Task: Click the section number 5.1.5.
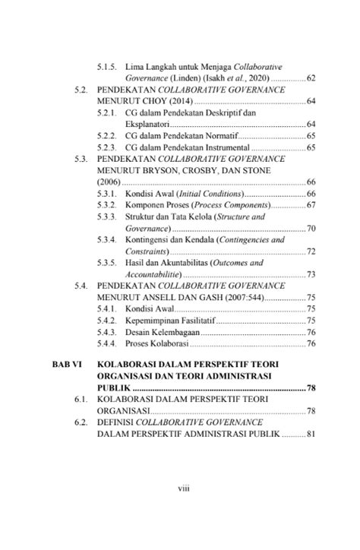point(109,66)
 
